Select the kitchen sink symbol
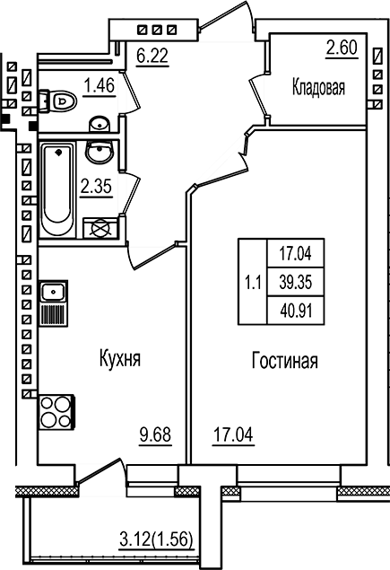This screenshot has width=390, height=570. point(52,292)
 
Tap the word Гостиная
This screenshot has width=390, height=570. point(283,362)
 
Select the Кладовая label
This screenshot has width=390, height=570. point(318,87)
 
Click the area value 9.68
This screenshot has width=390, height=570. point(154,437)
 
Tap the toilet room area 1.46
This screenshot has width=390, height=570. point(100,86)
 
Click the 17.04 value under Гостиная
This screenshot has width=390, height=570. point(233,437)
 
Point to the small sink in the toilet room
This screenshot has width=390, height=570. point(100,122)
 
